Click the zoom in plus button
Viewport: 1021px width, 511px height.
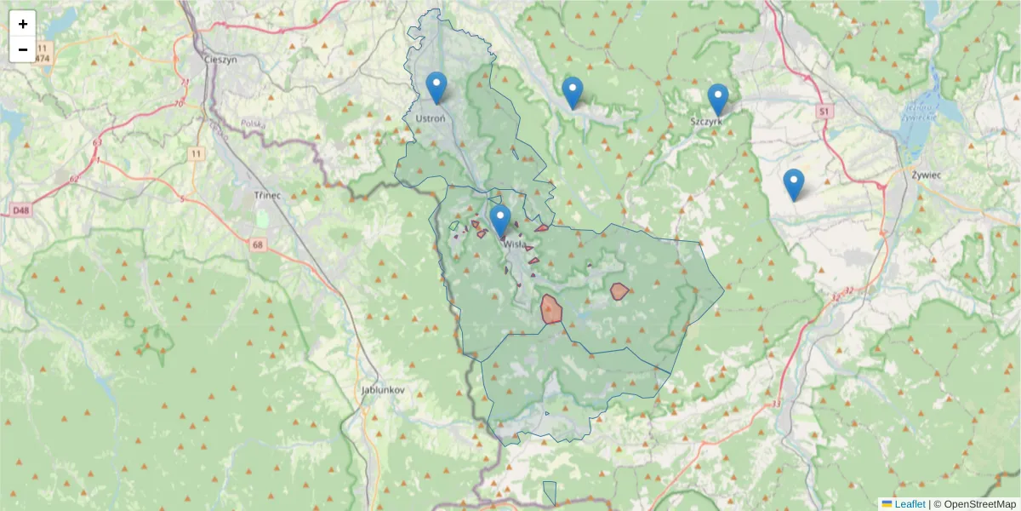point(23,24)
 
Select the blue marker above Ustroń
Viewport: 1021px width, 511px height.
point(436,88)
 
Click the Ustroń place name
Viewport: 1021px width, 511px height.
point(430,118)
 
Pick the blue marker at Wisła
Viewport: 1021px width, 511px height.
point(500,220)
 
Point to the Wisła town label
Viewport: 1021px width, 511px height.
point(515,244)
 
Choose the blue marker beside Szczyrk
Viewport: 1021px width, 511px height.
point(718,99)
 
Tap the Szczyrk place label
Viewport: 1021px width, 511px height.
point(707,122)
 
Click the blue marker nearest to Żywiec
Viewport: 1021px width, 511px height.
point(793,184)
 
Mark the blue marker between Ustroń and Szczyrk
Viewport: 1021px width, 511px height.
point(573,92)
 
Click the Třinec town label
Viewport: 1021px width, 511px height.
point(267,195)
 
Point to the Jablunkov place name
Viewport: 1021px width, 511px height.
point(383,389)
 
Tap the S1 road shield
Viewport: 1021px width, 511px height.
point(824,112)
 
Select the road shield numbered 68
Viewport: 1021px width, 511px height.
point(258,245)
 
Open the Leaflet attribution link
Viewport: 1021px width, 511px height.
point(909,504)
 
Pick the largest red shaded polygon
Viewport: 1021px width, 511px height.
point(551,309)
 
